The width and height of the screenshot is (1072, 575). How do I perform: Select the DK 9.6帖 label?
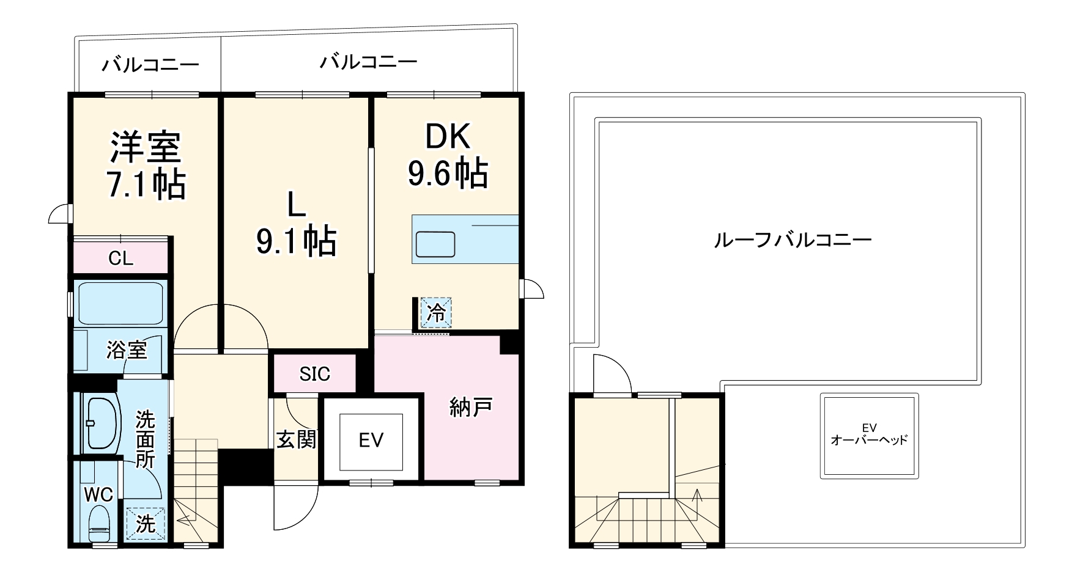click(448, 156)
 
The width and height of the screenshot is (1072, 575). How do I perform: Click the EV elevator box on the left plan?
click(371, 440)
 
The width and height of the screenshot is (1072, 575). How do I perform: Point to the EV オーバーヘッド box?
click(869, 436)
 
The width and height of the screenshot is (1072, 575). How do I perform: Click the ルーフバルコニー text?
click(793, 240)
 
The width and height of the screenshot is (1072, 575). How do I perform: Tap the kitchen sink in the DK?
click(435, 244)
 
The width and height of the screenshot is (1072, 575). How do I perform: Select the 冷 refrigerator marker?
click(436, 313)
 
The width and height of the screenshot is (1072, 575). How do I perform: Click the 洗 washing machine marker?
click(145, 524)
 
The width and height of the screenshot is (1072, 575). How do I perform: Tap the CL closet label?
click(120, 258)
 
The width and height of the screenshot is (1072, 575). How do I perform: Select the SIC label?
click(314, 373)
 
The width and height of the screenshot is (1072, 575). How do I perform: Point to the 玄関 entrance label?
click(297, 439)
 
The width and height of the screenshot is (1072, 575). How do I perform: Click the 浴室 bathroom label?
click(127, 350)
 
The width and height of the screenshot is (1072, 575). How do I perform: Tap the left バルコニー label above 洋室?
click(150, 65)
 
